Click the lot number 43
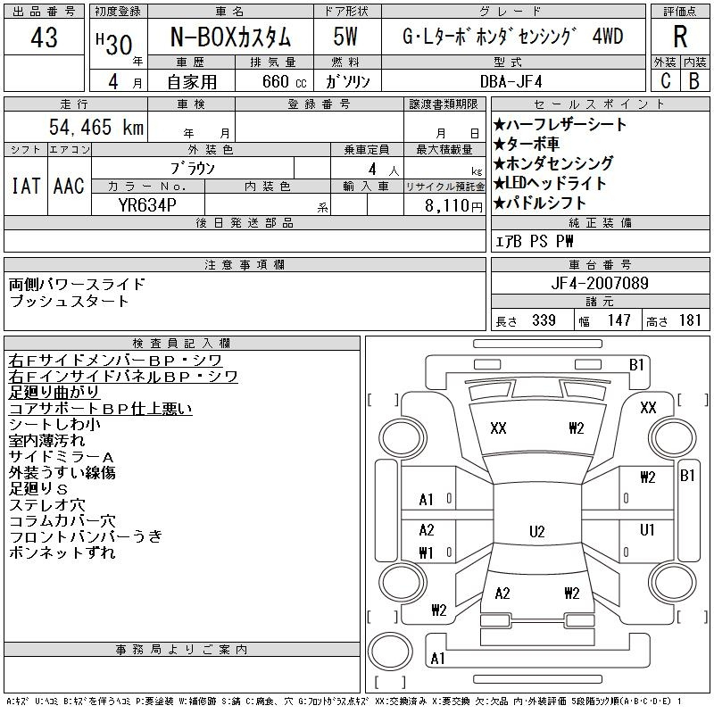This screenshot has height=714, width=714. point(44,37)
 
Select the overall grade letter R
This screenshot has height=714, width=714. point(680,37)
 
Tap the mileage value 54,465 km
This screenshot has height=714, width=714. point(96,127)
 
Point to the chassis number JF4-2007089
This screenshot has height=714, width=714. point(600,283)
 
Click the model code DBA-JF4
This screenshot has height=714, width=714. point(511,81)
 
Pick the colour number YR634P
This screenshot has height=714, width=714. point(147,205)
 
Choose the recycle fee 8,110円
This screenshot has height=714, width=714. point(453,206)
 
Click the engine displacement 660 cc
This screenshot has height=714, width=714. point(284,81)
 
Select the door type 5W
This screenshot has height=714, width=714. point(345,37)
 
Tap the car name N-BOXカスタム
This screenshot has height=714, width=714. point(230,37)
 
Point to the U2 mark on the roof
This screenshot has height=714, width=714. point(537,531)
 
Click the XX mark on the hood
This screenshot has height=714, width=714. point(498,428)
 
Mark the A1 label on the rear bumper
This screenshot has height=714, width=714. point(437,658)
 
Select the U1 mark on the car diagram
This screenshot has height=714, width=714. point(646,529)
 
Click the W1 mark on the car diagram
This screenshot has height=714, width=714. point(426,552)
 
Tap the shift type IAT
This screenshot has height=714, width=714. point(26,186)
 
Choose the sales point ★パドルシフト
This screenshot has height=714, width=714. point(540,203)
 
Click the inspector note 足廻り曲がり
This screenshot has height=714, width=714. point(54,392)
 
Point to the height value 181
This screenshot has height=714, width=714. point(690,320)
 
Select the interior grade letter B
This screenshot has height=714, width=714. point(694,81)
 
